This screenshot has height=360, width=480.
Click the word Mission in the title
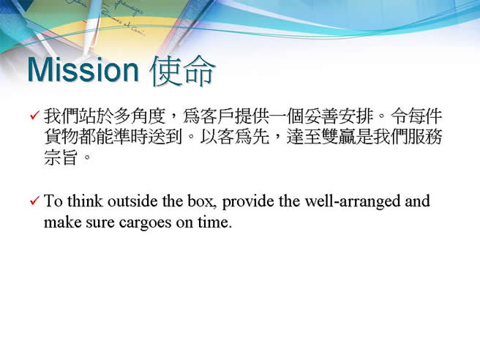[83, 70]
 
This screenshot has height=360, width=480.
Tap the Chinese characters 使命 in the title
[183, 71]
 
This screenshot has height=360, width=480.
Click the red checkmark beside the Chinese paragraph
[35, 116]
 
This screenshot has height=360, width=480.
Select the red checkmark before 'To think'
[35, 200]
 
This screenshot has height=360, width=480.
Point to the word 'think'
[85, 201]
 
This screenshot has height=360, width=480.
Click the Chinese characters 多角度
[139, 116]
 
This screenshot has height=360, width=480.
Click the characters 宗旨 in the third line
[60, 157]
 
